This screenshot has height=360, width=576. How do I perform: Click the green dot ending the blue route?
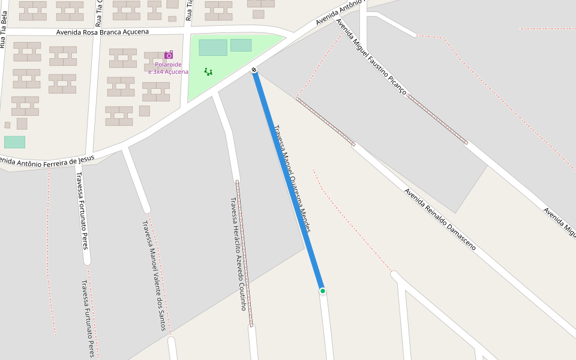pos(323,291)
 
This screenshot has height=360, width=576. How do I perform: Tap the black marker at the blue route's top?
pos(254,70)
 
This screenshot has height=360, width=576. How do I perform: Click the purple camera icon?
pos(169,55)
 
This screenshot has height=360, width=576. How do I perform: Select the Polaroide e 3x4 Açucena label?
pos(168,68)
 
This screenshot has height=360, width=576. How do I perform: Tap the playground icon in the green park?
pos(208,71)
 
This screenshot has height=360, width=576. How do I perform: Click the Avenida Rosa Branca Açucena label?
pos(103,32)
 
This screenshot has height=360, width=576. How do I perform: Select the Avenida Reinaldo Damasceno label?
pos(440,220)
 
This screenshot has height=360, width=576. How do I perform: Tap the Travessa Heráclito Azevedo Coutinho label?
pos(239,254)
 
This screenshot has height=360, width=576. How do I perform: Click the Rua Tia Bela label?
pos(4,34)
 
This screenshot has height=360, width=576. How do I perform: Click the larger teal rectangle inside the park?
pos(213,47)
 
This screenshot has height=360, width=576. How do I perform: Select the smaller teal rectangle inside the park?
pos(241,45)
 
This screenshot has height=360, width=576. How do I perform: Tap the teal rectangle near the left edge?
pos(14,142)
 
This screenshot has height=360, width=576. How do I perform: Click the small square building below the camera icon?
pos(144,111)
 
